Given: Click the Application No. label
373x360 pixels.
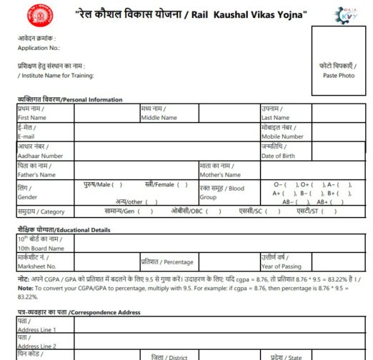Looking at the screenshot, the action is pyautogui.click(x=39, y=48).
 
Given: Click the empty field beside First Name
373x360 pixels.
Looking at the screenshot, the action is pyautogui.click(x=106, y=113).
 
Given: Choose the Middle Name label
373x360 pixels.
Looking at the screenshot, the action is pyautogui.click(x=159, y=117).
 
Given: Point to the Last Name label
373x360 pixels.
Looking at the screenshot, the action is pyautogui.click(x=276, y=117).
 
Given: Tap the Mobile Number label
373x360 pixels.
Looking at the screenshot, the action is pyautogui.click(x=282, y=136).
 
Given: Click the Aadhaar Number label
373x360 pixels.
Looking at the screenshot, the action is pyautogui.click(x=41, y=156).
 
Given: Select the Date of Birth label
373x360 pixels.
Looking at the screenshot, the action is pyautogui.click(x=278, y=156).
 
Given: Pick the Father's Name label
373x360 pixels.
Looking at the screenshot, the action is pyautogui.click(x=36, y=174).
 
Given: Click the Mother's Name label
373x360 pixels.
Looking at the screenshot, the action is pyautogui.click(x=221, y=174).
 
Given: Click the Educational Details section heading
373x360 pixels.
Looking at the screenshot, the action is pyautogui.click(x=64, y=229).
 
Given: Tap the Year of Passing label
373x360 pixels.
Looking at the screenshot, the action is pyautogui.click(x=286, y=266).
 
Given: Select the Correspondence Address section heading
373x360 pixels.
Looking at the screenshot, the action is pyautogui.click(x=79, y=312).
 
